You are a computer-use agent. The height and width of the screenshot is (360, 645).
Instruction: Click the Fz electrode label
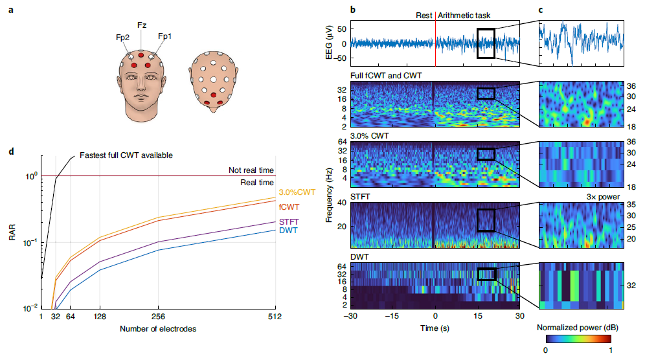point(142,25)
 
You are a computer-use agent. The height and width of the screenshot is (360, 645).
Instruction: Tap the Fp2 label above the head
point(124,38)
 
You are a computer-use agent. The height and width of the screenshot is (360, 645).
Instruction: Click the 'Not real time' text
point(251,170)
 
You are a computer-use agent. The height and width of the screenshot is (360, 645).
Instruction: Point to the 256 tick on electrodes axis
point(159,317)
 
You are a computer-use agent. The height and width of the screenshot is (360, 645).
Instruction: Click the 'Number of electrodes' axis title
point(158,329)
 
